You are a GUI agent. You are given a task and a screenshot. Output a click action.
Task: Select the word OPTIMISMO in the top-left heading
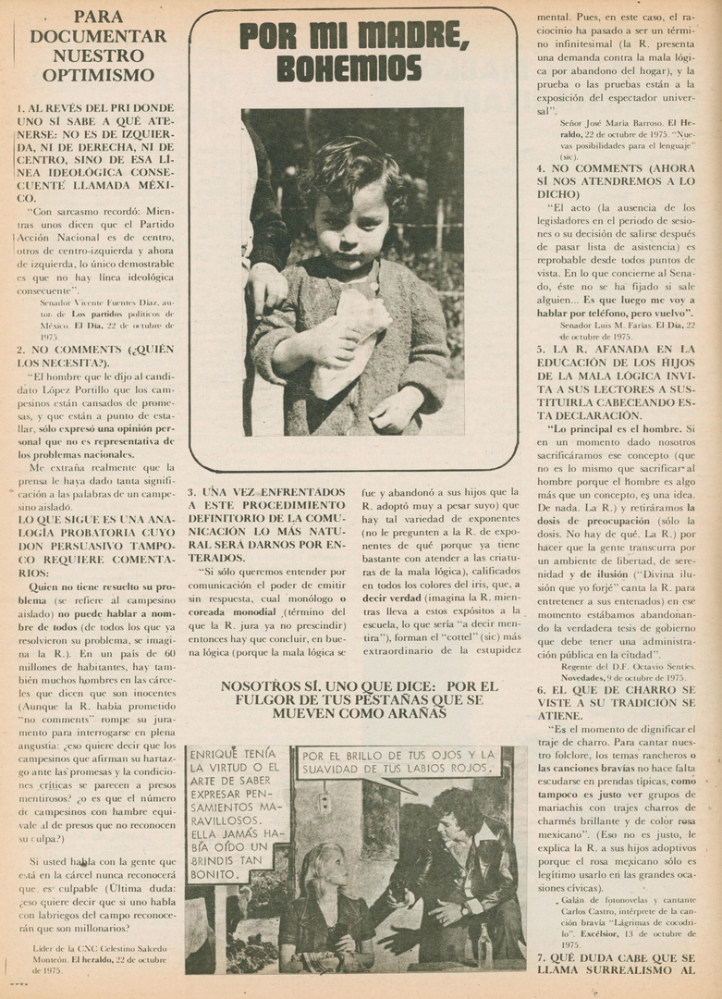pos(98,75)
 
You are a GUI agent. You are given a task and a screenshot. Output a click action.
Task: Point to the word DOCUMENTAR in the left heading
pos(98,36)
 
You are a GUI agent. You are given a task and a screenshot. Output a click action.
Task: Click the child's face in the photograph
pos(351,221)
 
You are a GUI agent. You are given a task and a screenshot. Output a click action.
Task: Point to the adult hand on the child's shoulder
pos(265,288)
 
